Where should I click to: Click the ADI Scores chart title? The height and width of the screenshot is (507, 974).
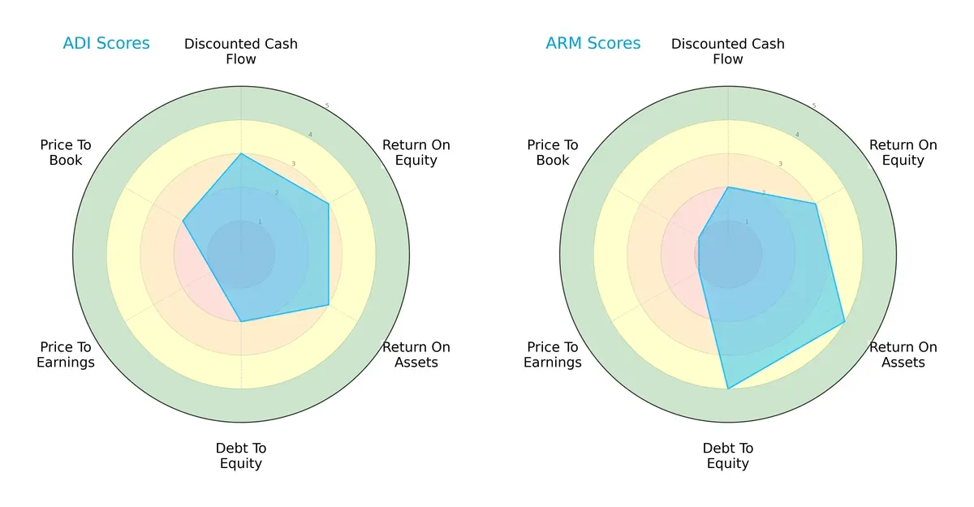[106, 44]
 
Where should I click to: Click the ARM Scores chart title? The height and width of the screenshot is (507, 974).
[593, 44]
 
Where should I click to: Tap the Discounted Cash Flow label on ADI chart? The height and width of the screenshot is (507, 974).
[241, 51]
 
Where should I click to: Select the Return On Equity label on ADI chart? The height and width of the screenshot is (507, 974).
[416, 153]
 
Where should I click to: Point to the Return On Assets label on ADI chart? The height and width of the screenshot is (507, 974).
[416, 354]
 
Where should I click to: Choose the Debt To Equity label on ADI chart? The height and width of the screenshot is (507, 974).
[241, 456]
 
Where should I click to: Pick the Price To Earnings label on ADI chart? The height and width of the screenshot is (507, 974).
[66, 354]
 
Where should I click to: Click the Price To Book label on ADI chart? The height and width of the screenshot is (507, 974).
[66, 153]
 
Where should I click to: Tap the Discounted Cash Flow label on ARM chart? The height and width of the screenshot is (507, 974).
[728, 51]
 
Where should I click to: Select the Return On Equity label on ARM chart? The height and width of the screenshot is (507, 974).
[903, 153]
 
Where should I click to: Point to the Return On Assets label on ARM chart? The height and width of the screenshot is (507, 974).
[903, 354]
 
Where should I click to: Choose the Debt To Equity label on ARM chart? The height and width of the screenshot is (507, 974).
[728, 456]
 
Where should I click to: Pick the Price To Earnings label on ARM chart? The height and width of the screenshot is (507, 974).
[553, 354]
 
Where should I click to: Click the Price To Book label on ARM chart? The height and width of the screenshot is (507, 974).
[553, 153]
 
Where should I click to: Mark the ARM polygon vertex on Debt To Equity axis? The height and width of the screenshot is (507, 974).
[728, 389]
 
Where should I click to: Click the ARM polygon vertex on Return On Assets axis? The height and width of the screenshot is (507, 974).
[845, 322]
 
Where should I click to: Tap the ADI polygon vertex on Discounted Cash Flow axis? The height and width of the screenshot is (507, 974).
[241, 153]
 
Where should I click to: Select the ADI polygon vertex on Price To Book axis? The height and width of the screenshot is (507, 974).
[183, 221]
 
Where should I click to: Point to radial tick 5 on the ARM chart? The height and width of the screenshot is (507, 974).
[813, 106]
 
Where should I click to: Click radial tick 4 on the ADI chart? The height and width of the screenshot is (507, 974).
[309, 135]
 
